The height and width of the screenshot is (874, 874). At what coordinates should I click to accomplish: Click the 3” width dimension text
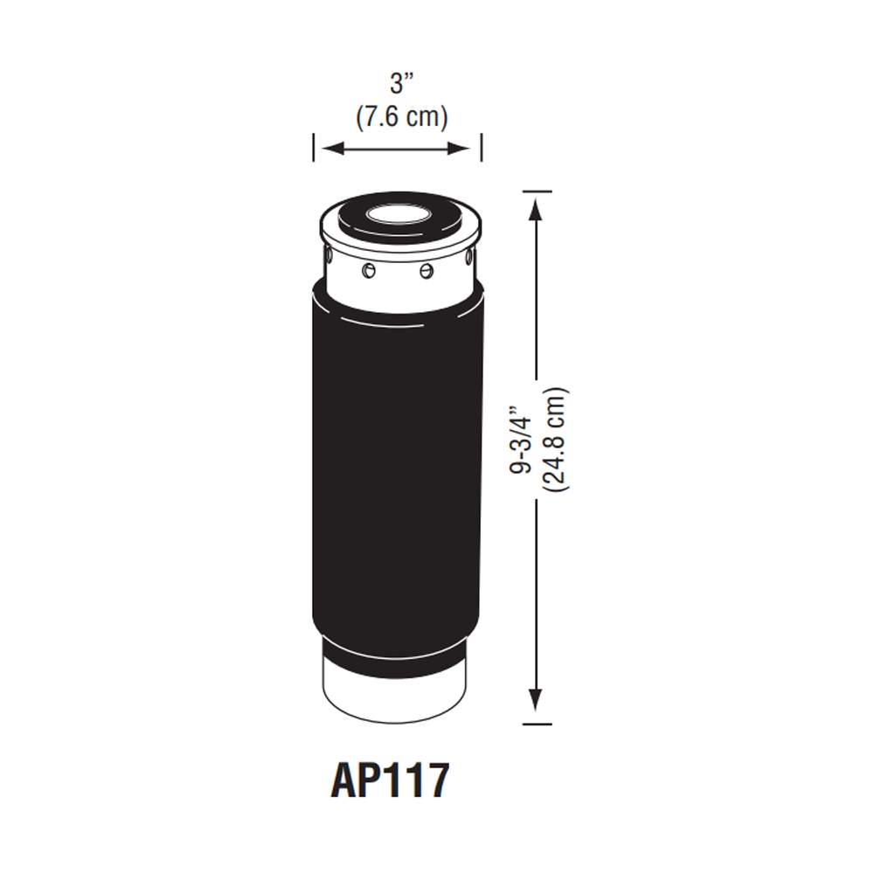[x=401, y=85]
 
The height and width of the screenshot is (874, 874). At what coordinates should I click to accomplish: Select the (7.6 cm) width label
[x=401, y=116]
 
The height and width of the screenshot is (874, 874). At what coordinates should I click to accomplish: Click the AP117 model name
[x=390, y=780]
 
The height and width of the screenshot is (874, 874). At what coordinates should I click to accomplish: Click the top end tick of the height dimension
[x=536, y=191]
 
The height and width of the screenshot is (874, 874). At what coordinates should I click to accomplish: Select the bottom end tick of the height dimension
[x=536, y=724]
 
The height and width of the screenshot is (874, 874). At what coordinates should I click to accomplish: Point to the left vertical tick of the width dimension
[x=314, y=147]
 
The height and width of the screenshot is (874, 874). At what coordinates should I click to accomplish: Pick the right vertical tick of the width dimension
[x=482, y=147]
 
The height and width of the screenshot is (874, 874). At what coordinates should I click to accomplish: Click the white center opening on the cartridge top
[x=397, y=213]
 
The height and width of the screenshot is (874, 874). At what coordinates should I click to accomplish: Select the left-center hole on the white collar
[x=369, y=271]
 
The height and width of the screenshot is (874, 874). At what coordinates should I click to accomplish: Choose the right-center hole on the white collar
[x=427, y=271]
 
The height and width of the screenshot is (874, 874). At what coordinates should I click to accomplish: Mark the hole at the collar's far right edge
[x=469, y=257]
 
